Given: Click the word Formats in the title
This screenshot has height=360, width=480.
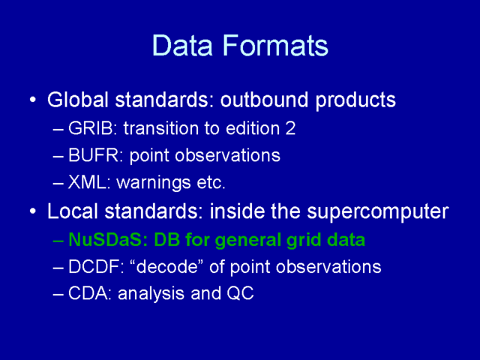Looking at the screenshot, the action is tap(275, 45).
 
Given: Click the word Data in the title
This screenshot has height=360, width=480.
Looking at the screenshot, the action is tap(182, 45).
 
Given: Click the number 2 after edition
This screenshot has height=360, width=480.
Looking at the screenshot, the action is tap(290, 128).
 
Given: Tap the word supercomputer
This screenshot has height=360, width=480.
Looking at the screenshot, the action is tap(378, 211).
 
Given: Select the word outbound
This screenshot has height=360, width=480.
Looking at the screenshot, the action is tap(264, 100).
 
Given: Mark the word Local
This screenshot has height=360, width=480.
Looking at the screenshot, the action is tap(73, 211).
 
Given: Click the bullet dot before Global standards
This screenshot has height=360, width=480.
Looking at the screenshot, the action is tap(33, 100).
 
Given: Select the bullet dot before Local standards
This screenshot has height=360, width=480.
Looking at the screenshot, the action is tap(33, 211).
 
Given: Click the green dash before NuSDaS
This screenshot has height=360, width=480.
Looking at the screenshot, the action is tap(58, 241).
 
